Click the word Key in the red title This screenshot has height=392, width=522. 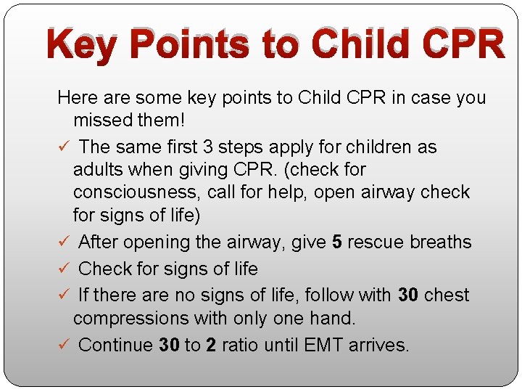[80, 45]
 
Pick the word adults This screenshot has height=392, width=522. [99, 170]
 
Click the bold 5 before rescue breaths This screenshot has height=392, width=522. [337, 242]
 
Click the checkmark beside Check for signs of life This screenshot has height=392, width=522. [63, 269]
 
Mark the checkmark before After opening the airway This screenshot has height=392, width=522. [63, 242]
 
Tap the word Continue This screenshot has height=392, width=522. [115, 345]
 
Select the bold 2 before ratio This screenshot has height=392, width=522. [211, 345]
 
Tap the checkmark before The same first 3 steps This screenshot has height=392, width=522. [63, 147]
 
